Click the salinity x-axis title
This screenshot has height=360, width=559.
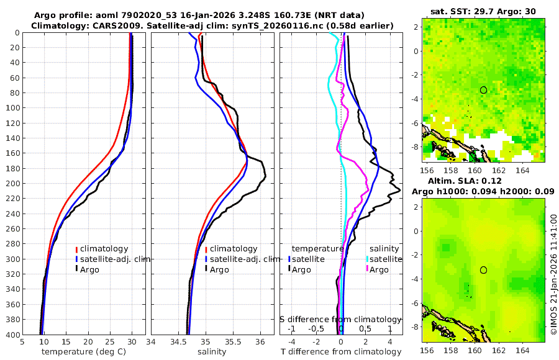click(x=212, y=352)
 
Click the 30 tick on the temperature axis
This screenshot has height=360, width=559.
click(x=132, y=341)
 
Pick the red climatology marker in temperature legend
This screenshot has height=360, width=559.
click(x=76, y=249)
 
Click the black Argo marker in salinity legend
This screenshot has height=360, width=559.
click(x=206, y=269)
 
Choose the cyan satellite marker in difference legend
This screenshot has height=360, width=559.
click(x=367, y=259)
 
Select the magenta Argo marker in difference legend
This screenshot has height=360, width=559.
click(x=367, y=269)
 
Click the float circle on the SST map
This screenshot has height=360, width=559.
click(x=483, y=90)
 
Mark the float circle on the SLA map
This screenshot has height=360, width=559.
click(x=483, y=270)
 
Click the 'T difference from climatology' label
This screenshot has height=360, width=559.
click(x=340, y=352)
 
